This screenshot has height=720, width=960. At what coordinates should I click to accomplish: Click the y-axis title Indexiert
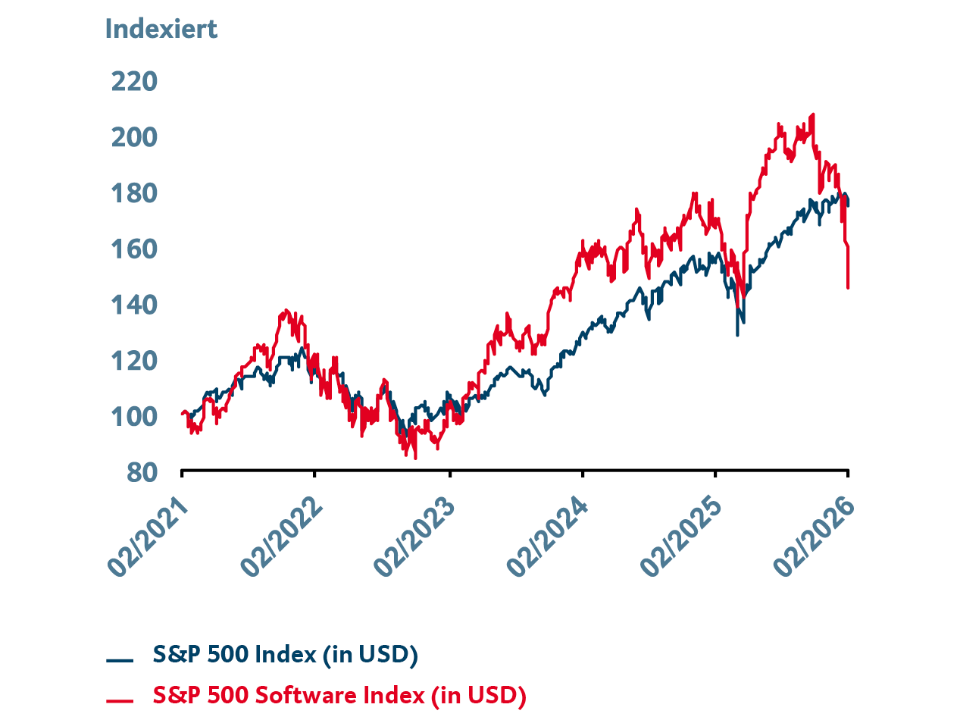[161, 29]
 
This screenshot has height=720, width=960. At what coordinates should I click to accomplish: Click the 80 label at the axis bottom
[142, 471]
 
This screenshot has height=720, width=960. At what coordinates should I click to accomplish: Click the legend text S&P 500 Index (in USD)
[285, 654]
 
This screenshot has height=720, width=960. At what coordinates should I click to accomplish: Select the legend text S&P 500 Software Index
[339, 694]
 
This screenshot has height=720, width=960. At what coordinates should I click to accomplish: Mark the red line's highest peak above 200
[813, 115]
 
